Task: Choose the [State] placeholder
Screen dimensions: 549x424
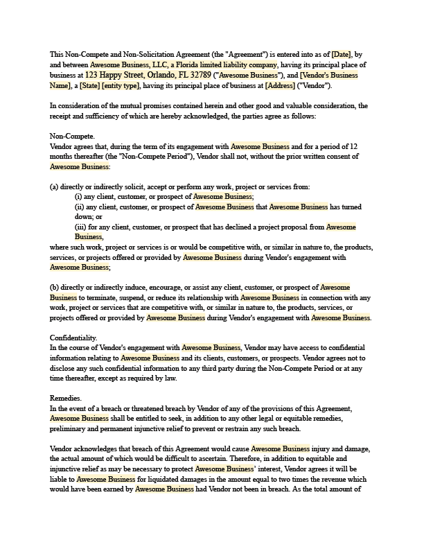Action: [91, 85]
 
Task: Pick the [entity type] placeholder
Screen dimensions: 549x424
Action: [122, 85]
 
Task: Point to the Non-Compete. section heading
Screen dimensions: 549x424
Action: [72, 137]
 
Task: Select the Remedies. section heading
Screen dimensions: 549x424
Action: [66, 399]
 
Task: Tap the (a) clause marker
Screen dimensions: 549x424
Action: [54, 186]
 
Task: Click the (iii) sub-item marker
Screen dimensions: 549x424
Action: [81, 227]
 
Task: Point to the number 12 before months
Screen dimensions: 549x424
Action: [353, 147]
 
